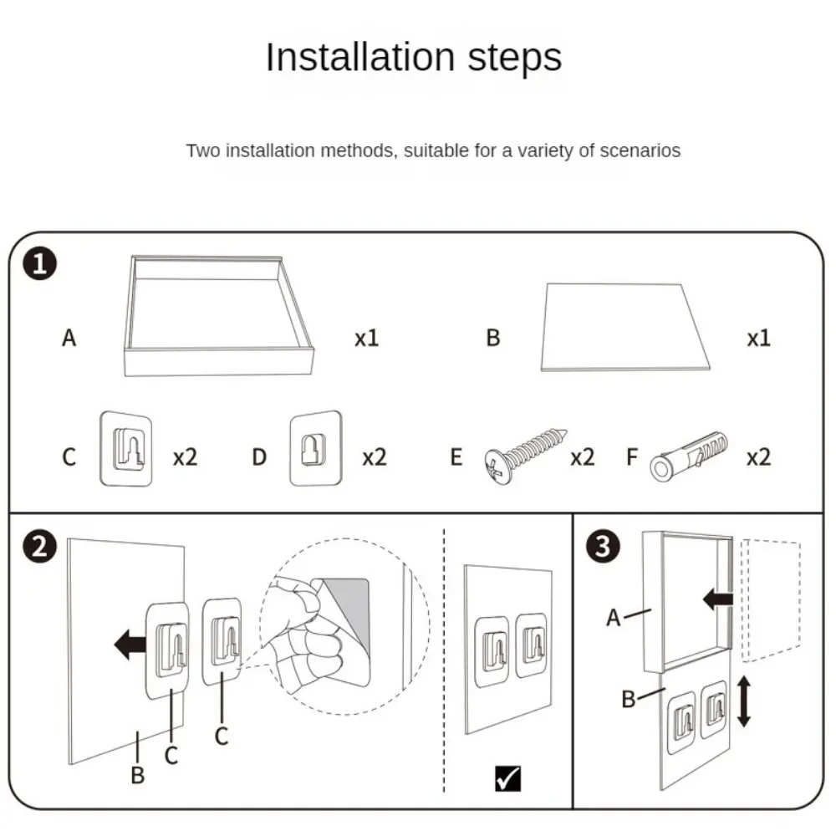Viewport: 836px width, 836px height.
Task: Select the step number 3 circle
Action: [x=604, y=547]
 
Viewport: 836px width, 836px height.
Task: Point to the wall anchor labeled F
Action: [x=689, y=456]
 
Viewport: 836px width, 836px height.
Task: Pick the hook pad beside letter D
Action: [x=315, y=448]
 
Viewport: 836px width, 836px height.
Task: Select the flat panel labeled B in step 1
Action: [x=625, y=326]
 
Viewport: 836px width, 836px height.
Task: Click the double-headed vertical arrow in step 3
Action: [x=743, y=702]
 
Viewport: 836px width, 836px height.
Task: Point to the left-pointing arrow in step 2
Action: [x=129, y=645]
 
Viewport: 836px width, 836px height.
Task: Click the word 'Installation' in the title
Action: [x=351, y=59]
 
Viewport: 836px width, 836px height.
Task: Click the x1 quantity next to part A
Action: [x=366, y=339]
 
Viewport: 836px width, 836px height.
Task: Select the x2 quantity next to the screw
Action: [x=582, y=457]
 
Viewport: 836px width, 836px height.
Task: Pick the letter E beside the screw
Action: [x=456, y=457]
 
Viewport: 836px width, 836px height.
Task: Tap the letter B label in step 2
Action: [x=137, y=775]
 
